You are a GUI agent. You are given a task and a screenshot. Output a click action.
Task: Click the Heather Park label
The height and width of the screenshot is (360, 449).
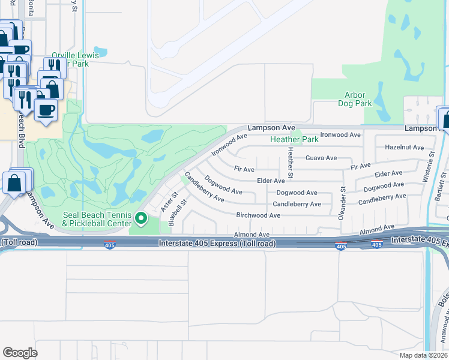[x=294, y=139]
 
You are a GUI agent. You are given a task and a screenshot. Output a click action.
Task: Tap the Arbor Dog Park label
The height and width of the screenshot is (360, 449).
[x=358, y=99]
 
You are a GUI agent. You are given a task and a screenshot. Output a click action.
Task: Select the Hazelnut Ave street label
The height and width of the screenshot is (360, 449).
[x=404, y=147]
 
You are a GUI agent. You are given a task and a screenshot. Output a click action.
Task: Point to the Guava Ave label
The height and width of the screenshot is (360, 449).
[x=321, y=158]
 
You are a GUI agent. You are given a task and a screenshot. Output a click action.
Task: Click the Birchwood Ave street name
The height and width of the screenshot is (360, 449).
[x=258, y=215]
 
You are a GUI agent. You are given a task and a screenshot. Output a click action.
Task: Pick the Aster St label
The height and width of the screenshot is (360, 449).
[x=168, y=202]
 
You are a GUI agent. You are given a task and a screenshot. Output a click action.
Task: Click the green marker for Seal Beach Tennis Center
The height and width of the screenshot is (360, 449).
[x=142, y=218]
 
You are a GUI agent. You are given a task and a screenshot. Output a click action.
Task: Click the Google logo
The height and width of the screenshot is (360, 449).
[x=20, y=353]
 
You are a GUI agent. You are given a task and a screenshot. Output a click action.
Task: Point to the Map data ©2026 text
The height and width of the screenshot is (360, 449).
[x=423, y=355]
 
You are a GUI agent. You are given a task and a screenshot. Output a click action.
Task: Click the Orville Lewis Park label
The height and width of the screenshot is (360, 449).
[x=75, y=59]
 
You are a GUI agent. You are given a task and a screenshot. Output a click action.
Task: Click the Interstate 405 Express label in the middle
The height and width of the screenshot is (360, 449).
[x=217, y=244]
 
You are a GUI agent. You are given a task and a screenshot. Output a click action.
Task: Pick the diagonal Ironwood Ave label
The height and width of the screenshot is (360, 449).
[x=229, y=145]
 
